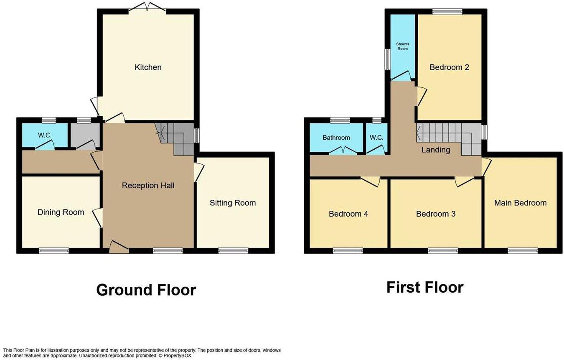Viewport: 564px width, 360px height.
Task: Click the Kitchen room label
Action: pos(148,67)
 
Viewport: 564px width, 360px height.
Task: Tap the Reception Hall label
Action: pos(148,185)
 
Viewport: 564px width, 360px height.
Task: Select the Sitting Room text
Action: pos(233,203)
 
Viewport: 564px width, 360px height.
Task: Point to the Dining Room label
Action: pos(61,212)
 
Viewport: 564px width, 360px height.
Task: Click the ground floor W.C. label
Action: pos(44,135)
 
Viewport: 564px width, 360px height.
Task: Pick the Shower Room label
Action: pos(403,46)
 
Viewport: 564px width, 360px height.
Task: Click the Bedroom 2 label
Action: pos(449,67)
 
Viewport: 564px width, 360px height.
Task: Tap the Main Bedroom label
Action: pos(520,203)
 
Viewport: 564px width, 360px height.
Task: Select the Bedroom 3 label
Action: pos(435,214)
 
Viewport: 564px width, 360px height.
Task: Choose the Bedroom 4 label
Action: pos(348,214)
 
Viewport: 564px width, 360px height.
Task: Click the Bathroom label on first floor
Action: pos(336,138)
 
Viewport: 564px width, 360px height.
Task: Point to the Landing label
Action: pos(436,150)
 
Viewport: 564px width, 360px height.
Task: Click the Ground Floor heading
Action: pos(146,290)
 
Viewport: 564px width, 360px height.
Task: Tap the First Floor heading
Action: pos(424,288)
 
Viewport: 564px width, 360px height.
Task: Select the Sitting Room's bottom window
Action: pos(233,251)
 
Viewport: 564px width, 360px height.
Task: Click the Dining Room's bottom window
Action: pos(53,251)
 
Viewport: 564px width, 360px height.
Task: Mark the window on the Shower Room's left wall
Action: pos(387,59)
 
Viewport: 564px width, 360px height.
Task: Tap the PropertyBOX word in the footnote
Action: pos(177,355)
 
